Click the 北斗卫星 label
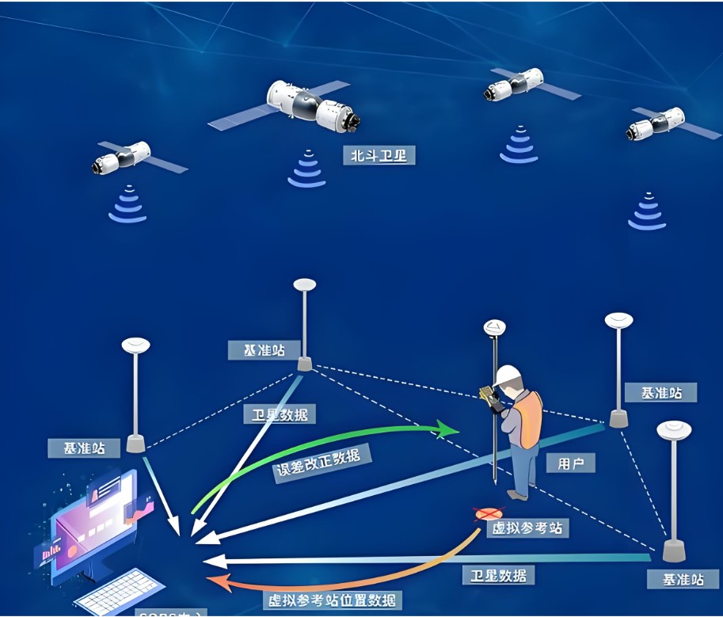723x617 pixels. coord(379,155)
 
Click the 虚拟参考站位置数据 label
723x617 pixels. coord(332,600)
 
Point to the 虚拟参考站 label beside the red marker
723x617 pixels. coord(527,527)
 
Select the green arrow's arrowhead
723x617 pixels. coord(450,431)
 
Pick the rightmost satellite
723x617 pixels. coord(661,124)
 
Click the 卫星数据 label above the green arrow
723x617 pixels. coord(280,413)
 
